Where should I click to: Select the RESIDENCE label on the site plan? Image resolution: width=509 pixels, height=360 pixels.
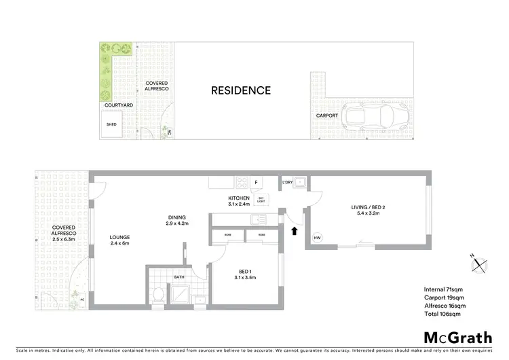click(240, 90)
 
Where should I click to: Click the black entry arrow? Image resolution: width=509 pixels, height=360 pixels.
click(294, 232)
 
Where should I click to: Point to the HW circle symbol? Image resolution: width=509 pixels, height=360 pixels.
click(317, 238)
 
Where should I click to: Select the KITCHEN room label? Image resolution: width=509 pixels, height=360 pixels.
click(239, 198)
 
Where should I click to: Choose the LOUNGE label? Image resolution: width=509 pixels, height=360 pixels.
click(119, 238)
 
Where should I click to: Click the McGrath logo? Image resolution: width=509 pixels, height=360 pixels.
click(457, 338)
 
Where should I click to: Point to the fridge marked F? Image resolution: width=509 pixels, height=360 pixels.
click(256, 183)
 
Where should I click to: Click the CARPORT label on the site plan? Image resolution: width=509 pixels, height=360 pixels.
click(326, 115)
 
